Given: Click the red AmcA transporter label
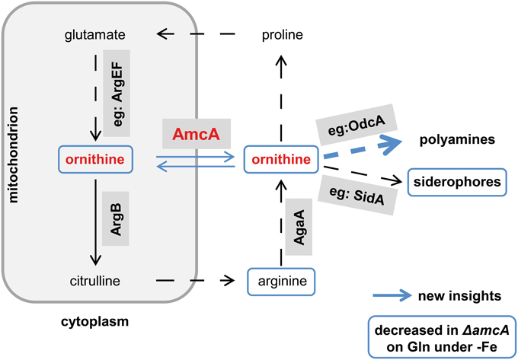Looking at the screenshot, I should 190,134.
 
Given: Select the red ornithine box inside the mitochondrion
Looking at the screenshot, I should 94,159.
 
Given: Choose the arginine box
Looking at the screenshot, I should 281,281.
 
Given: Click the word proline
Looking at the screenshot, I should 282,35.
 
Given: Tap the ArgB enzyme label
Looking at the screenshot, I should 117,220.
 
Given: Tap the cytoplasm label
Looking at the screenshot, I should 94,321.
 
